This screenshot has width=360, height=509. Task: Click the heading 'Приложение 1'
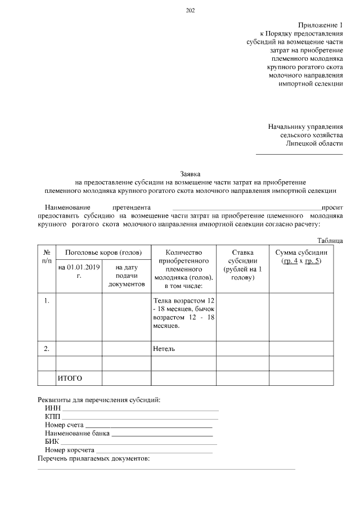320,25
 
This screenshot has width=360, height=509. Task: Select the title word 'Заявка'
190,174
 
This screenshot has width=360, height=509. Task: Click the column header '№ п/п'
47,257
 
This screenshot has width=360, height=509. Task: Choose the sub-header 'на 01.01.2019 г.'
79,272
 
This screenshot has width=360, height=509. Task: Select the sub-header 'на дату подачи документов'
127,276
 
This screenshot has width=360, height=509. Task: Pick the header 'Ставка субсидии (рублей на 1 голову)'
242,265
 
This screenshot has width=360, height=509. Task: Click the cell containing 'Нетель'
164,349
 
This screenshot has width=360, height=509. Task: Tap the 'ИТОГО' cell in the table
70,378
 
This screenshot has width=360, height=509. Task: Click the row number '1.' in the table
47,300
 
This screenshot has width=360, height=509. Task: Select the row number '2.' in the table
47,349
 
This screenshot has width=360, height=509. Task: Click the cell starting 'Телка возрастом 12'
183,313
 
